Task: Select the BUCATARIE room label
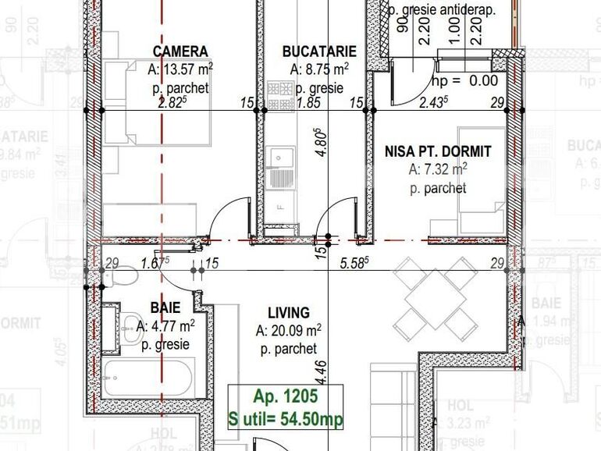tap(319, 51)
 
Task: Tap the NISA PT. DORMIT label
tap(438, 151)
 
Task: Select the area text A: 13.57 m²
tap(180, 70)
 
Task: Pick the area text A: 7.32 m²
tap(438, 169)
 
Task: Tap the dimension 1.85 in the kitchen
tap(310, 102)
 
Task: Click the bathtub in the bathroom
tap(148, 378)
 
